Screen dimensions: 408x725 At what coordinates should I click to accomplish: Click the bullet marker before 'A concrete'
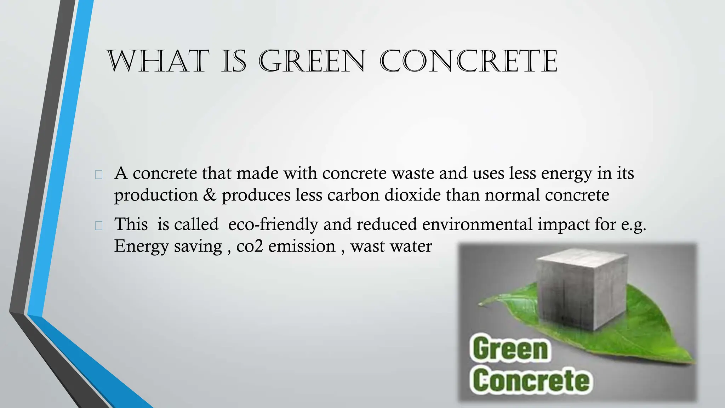point(99,174)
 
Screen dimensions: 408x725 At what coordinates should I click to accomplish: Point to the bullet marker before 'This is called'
point(99,226)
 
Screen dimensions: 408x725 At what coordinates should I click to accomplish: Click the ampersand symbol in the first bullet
point(210,195)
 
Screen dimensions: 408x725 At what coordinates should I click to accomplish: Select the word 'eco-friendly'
point(273,225)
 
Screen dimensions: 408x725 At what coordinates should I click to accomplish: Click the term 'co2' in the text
point(250,246)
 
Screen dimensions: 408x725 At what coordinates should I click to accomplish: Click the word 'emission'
point(302,246)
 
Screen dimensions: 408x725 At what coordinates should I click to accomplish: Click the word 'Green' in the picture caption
point(509,349)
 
